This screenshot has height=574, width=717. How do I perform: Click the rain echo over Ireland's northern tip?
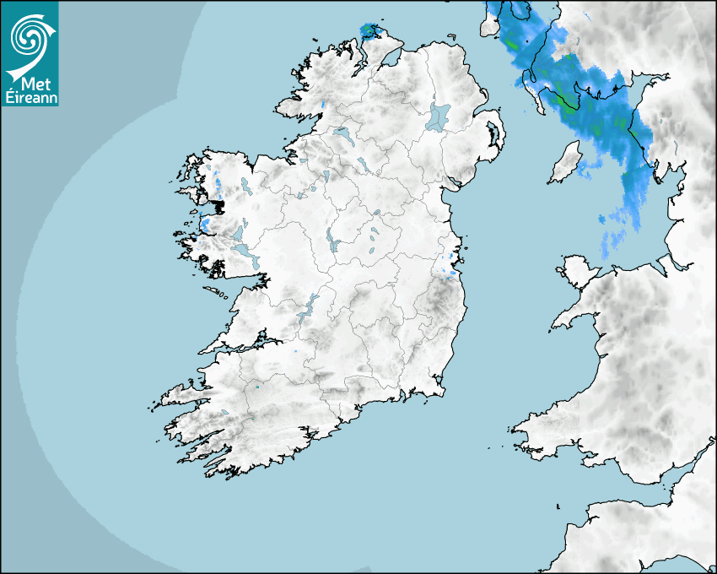(370, 31)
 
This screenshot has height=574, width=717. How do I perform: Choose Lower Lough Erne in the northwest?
(342, 133)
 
